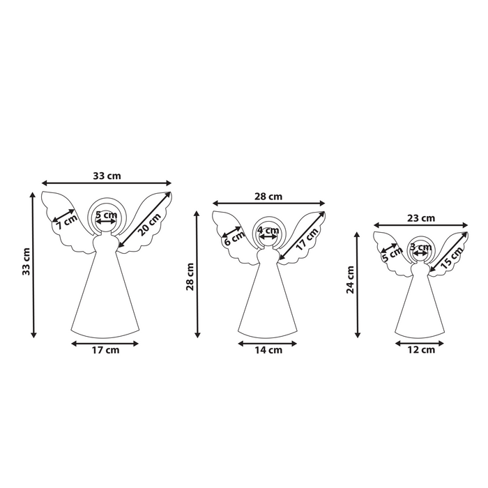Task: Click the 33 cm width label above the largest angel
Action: point(107,176)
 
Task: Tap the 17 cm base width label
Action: point(105,350)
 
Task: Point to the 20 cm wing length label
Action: point(149,224)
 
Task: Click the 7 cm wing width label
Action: point(67,222)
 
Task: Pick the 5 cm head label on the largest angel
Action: point(107,215)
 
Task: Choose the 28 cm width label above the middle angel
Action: point(268,197)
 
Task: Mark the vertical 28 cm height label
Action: point(190,277)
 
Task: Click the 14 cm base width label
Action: point(268,350)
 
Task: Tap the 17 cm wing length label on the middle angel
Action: point(307,239)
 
